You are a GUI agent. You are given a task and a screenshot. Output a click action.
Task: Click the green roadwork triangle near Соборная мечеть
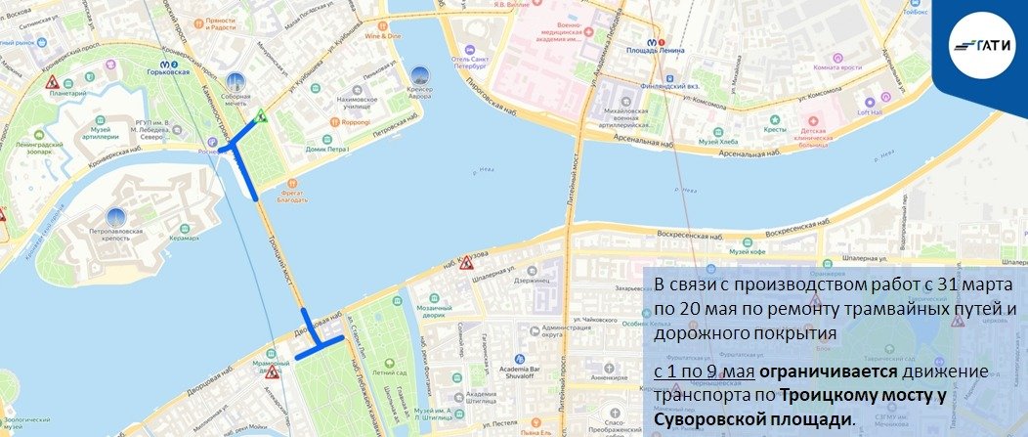pyautogui.click(x=261, y=115)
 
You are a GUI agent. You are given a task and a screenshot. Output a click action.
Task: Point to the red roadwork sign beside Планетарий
pyautogui.click(x=52, y=82)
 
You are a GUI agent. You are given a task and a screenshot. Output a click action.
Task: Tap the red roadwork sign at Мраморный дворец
pyautogui.click(x=272, y=371)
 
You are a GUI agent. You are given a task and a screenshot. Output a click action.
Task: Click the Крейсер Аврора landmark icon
pyautogui.click(x=418, y=75)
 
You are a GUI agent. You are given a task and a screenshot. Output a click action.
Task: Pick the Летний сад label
pyautogui.click(x=387, y=372)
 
